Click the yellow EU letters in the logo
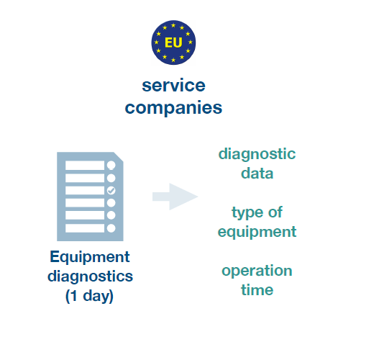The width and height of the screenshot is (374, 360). pos(173,42)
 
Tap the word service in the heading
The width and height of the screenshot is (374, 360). pos(173,86)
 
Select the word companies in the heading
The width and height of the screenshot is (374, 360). pos(173,108)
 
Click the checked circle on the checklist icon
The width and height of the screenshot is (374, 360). pos(111,191)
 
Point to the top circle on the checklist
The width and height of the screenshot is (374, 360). pos(111,166)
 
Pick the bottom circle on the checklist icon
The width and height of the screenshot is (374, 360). pos(111,228)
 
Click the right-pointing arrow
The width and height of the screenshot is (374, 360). pos(175,197)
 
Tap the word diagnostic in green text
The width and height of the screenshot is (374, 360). pos(257,155)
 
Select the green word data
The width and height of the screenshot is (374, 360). pos(257,174)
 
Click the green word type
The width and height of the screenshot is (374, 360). pos(245,213)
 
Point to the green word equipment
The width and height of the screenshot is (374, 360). pos(257,233)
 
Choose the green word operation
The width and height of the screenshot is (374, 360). pos(257,271)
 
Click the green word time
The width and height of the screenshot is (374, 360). pos(257,290)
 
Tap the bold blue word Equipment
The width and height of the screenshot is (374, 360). pos(90,258)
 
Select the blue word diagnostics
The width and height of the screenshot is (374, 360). pos(90,276)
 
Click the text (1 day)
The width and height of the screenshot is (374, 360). pos(89,296)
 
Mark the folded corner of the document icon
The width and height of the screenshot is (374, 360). pos(119,157)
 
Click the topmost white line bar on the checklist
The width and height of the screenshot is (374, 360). pos(85,166)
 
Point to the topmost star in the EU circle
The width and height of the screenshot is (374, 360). pos(173,25)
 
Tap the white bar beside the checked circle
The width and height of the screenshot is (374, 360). pos(85,191)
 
